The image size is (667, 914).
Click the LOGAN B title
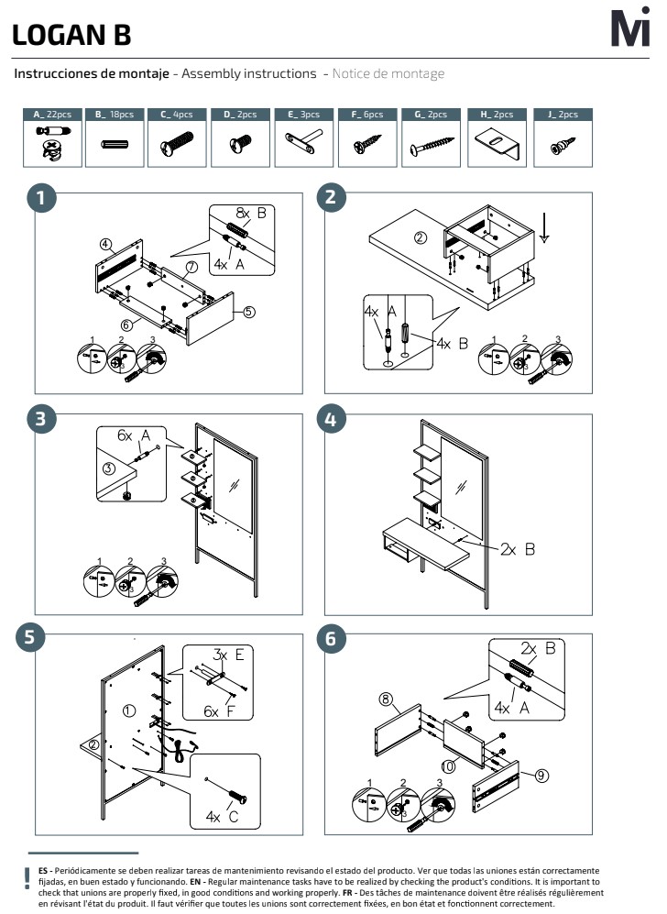click(x=71, y=35)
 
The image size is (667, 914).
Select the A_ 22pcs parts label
click(x=52, y=115)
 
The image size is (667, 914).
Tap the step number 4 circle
click(x=331, y=420)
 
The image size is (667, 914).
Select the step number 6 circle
click(x=331, y=639)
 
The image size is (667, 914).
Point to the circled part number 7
click(x=191, y=268)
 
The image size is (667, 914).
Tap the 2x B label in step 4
click(x=519, y=550)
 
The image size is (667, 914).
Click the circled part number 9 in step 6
click(x=541, y=776)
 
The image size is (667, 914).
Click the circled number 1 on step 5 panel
click(x=128, y=710)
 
